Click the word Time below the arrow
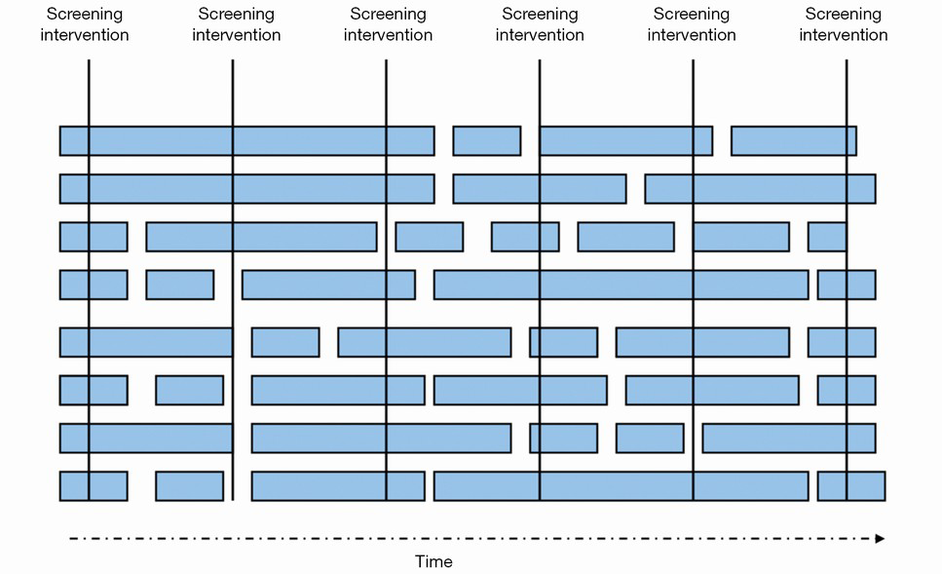click(x=433, y=561)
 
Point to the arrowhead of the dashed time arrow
click(x=880, y=539)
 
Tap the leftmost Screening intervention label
click(x=85, y=24)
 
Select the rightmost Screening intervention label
click(x=843, y=24)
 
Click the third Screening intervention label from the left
click(x=388, y=24)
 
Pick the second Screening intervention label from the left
click(x=236, y=24)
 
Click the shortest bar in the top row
click(x=487, y=141)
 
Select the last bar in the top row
click(x=794, y=141)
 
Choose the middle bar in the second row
click(x=540, y=189)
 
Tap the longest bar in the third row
click(x=261, y=237)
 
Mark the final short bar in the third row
click(x=827, y=237)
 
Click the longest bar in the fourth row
click(x=622, y=285)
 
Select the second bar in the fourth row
click(x=179, y=285)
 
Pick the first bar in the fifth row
click(x=146, y=343)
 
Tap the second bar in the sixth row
click(x=189, y=390)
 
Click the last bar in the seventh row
click(x=789, y=439)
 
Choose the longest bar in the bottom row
click(x=622, y=486)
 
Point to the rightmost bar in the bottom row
click(x=851, y=486)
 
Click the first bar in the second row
click(x=246, y=189)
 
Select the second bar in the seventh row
click(x=382, y=439)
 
